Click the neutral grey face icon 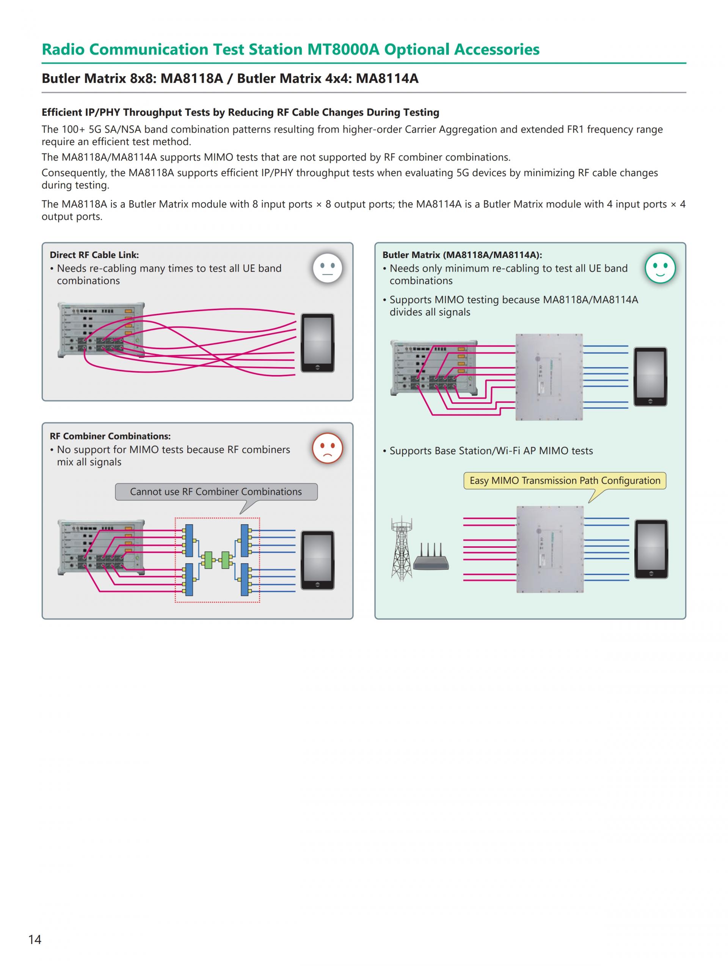coord(327,268)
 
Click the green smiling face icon coord(660,268)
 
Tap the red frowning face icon coord(327,448)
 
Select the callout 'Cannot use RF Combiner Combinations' coord(216,492)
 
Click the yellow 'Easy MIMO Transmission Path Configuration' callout coord(565,481)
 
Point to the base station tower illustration coord(402,549)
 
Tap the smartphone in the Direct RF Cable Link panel coord(318,343)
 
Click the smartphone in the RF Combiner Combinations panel coord(318,560)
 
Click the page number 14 coord(35,939)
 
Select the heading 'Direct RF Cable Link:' coord(94,255)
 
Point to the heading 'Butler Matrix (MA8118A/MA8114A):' coord(462,255)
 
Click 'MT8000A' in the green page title coord(343,50)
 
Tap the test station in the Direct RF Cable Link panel coord(101,330)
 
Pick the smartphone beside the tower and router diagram coord(651,549)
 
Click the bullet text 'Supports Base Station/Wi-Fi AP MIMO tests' coord(491,451)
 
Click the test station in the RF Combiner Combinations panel coord(101,547)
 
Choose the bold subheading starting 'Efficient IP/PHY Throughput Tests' coord(240,113)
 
